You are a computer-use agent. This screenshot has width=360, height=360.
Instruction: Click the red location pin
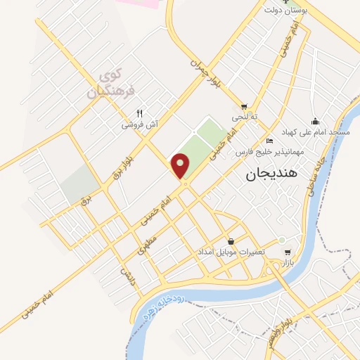(x=181, y=165)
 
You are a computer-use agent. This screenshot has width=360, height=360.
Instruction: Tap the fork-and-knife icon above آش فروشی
(x=139, y=113)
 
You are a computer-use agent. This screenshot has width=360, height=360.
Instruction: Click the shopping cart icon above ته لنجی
(x=245, y=107)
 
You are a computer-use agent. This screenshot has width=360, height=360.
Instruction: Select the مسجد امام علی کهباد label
(x=316, y=132)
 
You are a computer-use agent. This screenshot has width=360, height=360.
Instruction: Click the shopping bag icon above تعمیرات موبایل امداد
(x=231, y=240)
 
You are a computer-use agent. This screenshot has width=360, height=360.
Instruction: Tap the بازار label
(x=286, y=262)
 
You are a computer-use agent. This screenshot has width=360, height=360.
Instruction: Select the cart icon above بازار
(x=286, y=251)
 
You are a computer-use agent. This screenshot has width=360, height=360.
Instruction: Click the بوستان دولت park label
(x=283, y=11)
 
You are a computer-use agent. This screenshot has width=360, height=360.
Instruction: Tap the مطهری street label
(x=144, y=243)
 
